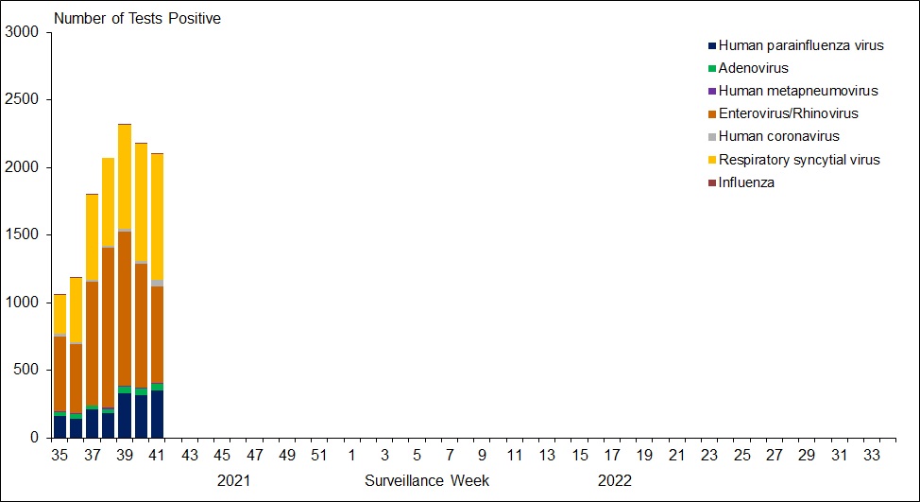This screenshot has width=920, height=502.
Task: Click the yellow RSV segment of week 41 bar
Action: tap(157, 216)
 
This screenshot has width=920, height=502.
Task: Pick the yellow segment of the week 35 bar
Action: tap(60, 314)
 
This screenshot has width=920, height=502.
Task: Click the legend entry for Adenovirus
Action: tap(753, 68)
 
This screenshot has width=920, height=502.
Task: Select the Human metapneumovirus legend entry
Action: tap(797, 91)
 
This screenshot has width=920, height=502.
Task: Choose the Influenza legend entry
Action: tap(746, 182)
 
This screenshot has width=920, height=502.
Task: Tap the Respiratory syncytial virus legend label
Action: tap(798, 160)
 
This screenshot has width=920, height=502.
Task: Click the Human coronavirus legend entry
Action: tap(778, 136)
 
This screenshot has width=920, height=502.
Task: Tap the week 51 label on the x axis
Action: tap(319, 456)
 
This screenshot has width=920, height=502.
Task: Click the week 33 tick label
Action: tap(871, 456)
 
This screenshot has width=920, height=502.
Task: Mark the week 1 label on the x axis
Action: tap(351, 456)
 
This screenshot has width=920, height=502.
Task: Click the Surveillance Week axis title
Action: tap(427, 480)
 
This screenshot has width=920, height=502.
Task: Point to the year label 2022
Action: tap(614, 480)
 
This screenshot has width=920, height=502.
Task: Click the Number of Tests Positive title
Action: tap(137, 18)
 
